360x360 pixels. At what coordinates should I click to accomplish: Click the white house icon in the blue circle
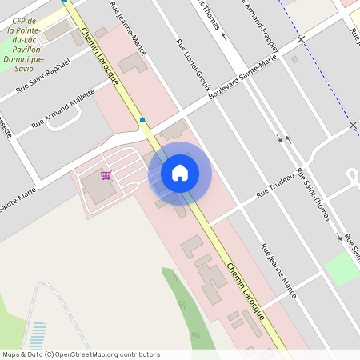pos(180,173)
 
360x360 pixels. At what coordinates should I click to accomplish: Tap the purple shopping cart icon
pos(106,175)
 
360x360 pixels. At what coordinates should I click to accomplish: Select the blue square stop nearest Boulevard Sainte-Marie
pos(142,120)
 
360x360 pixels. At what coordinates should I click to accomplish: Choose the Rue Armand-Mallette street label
pos(63,110)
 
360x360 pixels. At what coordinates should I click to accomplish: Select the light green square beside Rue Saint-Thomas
pos(342,269)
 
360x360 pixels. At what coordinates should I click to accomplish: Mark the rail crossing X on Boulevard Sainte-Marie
pos(300,38)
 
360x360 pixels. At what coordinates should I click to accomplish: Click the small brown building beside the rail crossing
pos(294,58)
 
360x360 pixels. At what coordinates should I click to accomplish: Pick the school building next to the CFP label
pos(58,31)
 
